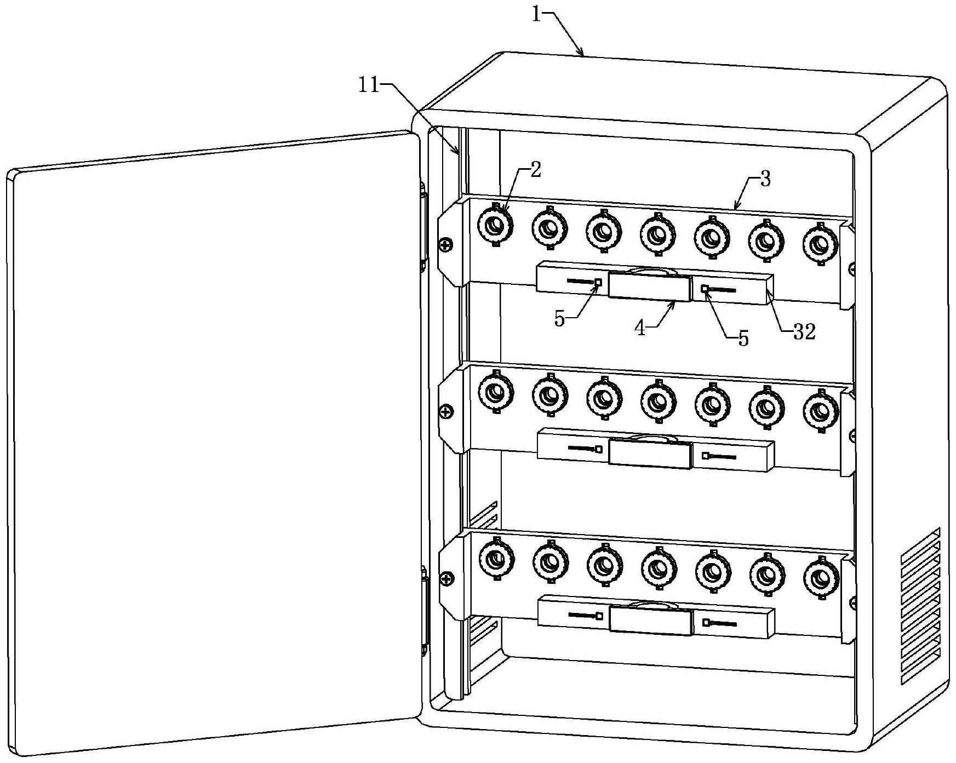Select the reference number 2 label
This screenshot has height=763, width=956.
pos(535,170)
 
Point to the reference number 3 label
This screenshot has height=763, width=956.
pos(765,179)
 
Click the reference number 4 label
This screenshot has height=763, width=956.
pos(640,328)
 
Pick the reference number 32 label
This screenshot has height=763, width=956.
pos(804,331)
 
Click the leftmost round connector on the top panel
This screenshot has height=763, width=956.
pos(495,225)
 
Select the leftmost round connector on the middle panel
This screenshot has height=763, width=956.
pos(496,392)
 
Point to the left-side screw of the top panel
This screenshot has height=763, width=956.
pos(447,245)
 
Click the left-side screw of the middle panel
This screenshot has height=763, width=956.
pos(447,411)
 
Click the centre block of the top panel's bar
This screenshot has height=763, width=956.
pos(649,286)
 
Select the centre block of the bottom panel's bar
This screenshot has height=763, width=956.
pos(651,620)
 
